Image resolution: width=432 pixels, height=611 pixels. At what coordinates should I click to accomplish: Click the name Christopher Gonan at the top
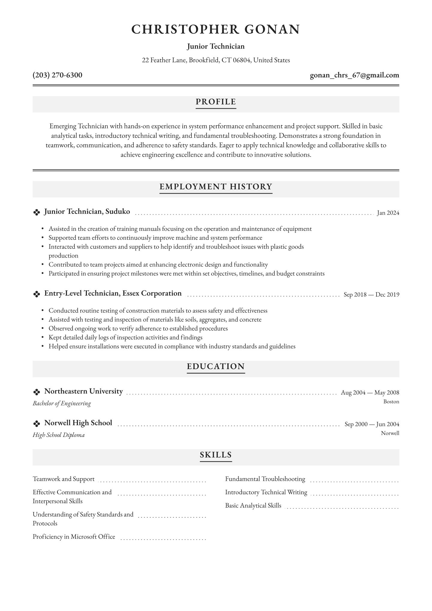coord(216,29)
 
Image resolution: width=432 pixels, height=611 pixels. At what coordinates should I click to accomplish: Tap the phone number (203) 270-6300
coord(57,75)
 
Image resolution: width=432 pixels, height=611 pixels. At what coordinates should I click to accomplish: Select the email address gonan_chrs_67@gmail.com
coord(354,75)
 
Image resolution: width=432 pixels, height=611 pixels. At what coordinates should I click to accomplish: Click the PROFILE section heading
coord(216,102)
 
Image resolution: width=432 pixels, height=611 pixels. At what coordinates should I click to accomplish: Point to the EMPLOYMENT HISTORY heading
coord(216,187)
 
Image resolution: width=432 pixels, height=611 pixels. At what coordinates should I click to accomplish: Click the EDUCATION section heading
coord(216,366)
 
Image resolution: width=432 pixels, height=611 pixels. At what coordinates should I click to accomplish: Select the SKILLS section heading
coord(216,455)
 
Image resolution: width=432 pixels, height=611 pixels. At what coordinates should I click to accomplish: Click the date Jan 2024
coord(388,213)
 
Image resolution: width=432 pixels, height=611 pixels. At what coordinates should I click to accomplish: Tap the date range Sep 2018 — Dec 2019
coord(371,294)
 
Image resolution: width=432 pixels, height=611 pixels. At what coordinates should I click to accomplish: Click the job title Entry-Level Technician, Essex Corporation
coord(113,293)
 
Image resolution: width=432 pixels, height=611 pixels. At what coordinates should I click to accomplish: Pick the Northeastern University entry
coord(83,391)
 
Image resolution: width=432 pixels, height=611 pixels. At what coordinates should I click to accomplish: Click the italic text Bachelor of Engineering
coord(62,403)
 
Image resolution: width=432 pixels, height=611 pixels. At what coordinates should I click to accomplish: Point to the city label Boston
coord(391,402)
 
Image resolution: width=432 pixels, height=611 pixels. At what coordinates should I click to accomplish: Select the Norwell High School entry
coord(78,423)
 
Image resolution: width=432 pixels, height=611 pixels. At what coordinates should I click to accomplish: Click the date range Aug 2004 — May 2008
coord(370,393)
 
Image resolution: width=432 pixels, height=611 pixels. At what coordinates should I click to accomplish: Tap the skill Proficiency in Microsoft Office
coord(74,537)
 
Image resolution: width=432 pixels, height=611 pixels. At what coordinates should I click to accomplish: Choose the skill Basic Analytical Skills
coord(253,505)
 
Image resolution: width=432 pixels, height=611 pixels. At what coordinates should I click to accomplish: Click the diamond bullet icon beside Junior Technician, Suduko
coord(36,212)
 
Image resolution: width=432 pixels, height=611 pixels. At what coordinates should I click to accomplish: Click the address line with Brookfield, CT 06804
coord(216,60)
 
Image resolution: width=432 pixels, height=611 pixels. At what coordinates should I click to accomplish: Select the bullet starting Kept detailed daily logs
coord(125,337)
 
